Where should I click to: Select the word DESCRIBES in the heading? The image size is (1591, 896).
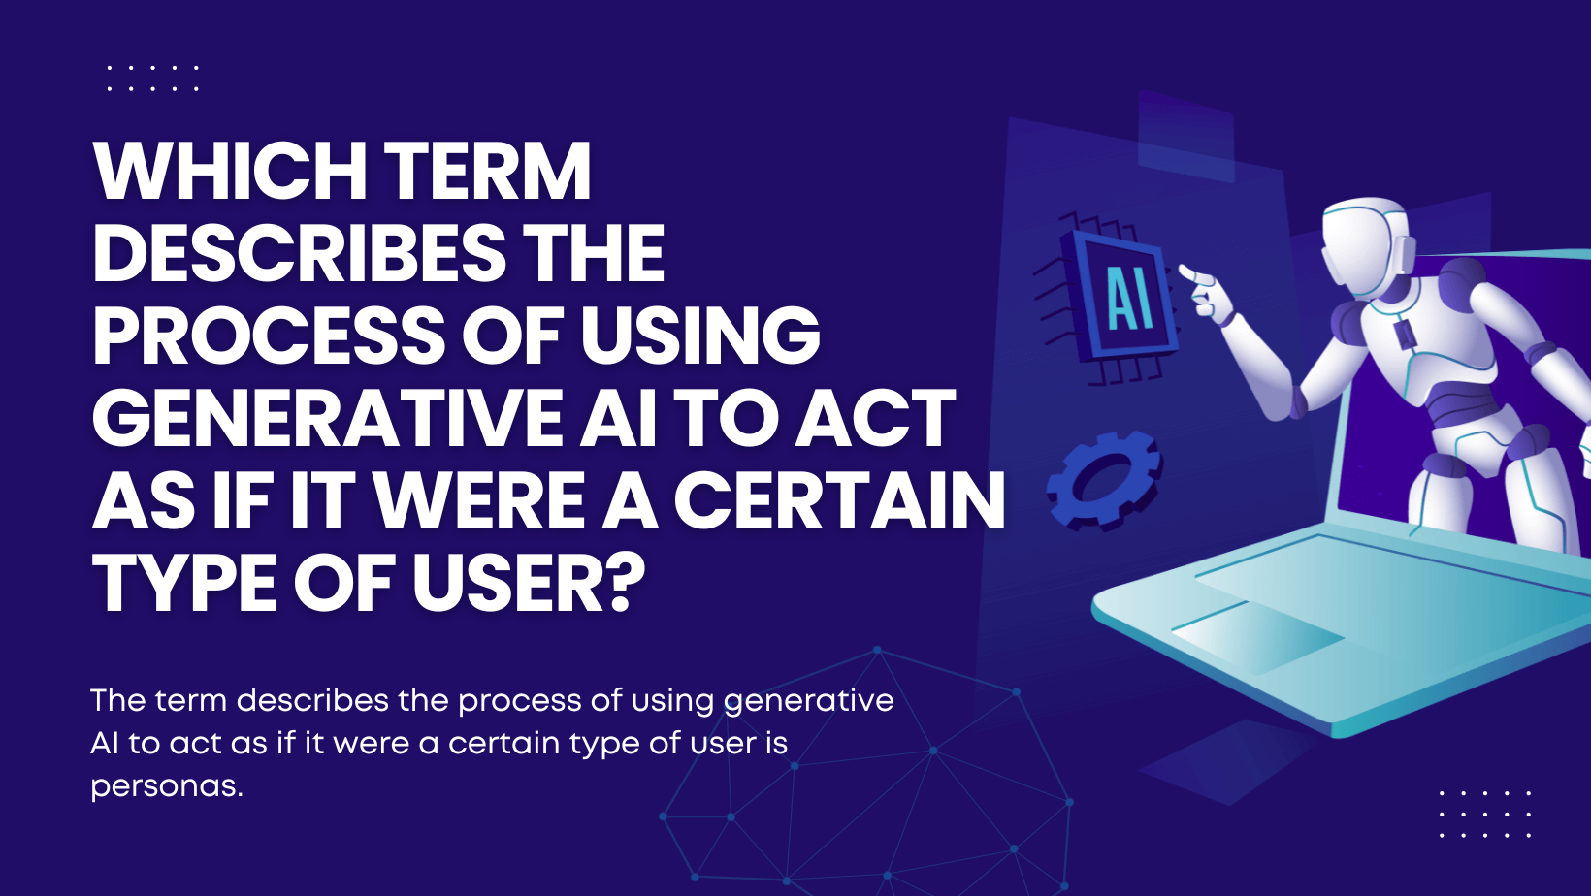coord(299,253)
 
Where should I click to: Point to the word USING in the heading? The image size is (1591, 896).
coord(700,336)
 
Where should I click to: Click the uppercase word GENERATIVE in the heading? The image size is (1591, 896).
coord(327,418)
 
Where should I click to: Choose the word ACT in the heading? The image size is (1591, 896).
coord(874,418)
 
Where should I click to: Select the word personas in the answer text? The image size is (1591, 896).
coord(167,786)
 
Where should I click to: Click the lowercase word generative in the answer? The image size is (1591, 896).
coord(808,702)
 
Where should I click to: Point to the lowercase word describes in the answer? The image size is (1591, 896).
coord(312,700)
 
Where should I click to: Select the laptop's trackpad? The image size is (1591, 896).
coord(1257,634)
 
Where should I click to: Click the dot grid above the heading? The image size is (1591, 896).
coord(152,79)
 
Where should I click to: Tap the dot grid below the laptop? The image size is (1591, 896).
coord(1484,814)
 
